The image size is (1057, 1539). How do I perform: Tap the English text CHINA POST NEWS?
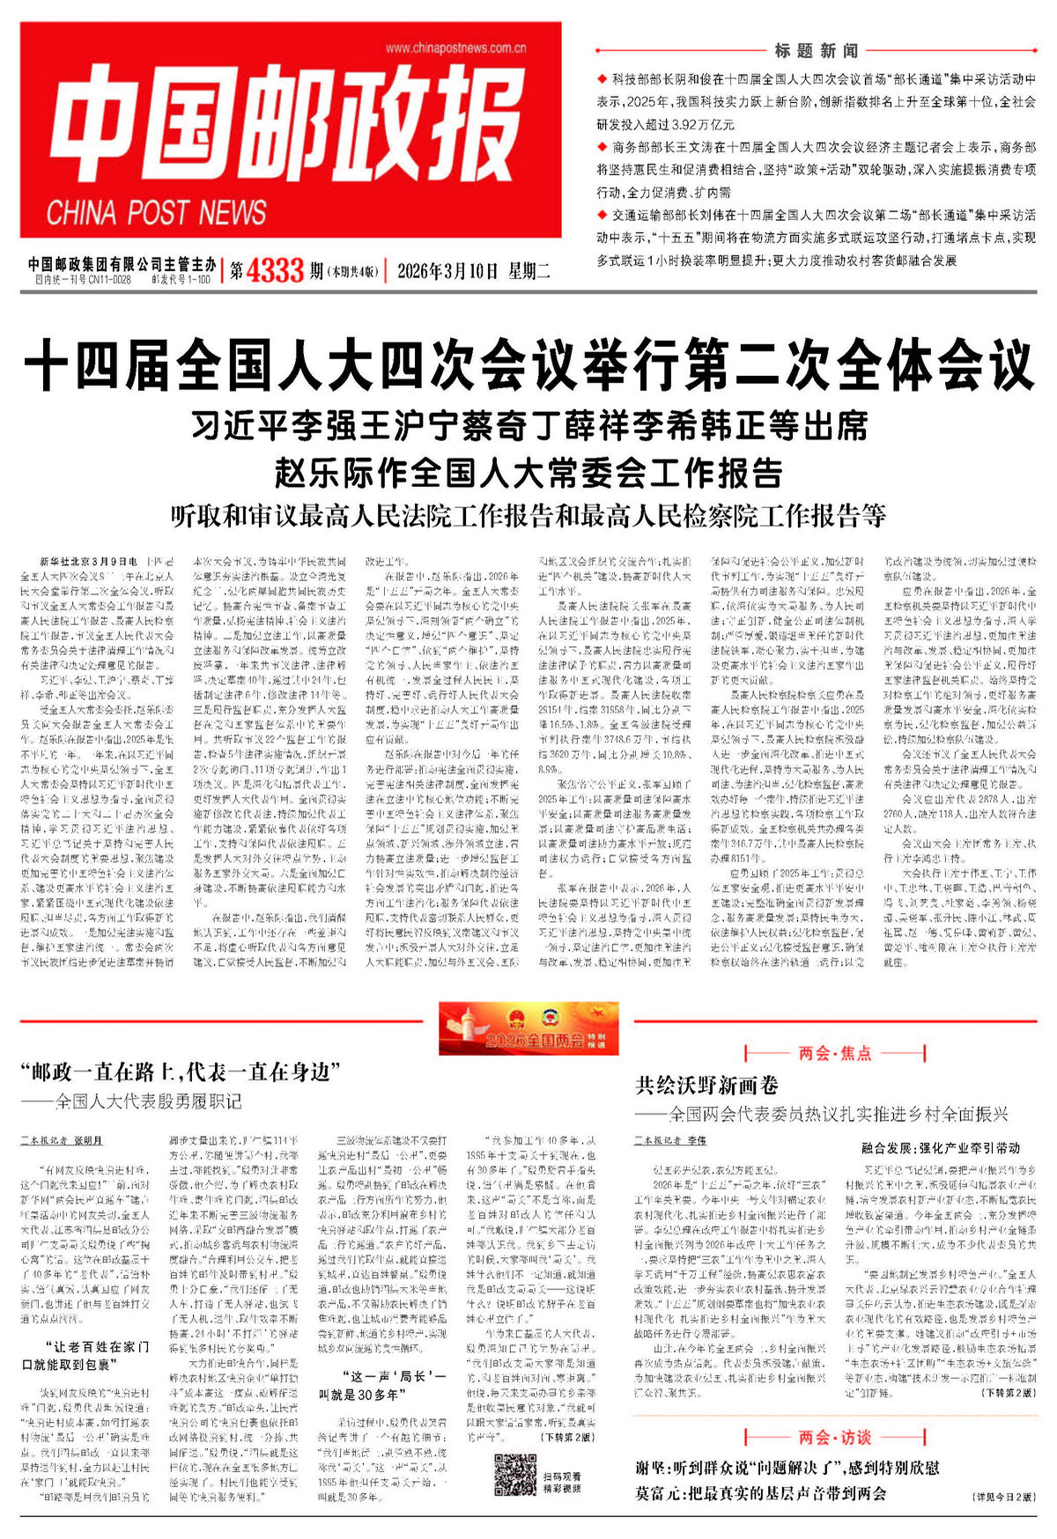click(x=156, y=213)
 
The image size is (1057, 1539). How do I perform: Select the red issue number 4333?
click(x=275, y=270)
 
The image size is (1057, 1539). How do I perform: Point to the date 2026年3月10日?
click(x=447, y=271)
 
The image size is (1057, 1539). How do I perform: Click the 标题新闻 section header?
click(x=817, y=50)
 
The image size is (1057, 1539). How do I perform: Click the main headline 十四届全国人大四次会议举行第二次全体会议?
click(x=528, y=367)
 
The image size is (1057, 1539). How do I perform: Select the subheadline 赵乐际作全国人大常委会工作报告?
click(x=528, y=473)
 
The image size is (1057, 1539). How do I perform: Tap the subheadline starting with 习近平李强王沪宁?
click(x=528, y=426)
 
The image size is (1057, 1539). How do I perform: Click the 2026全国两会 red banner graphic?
click(x=528, y=1028)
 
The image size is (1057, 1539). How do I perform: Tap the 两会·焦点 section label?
click(x=834, y=1053)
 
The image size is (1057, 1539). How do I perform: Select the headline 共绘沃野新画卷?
click(x=706, y=1085)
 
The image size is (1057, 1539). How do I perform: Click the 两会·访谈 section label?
click(x=834, y=1438)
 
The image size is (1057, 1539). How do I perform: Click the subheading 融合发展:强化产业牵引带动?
click(x=941, y=1148)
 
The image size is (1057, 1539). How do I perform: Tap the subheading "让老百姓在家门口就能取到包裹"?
click(x=85, y=1356)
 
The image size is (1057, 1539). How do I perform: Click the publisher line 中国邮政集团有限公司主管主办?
click(x=122, y=263)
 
